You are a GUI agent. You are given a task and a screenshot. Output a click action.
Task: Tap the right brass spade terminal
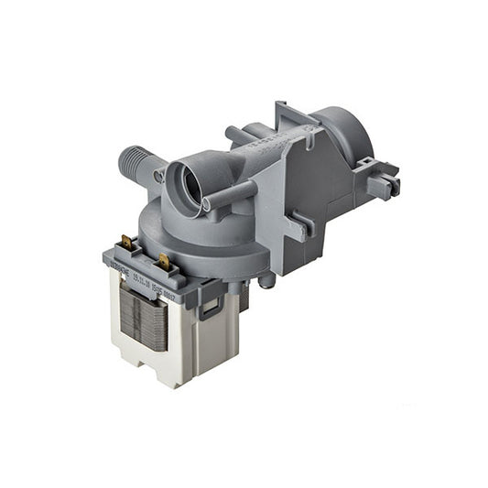pyautogui.click(x=165, y=261)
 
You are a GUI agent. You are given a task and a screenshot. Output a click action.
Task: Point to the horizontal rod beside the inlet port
pyautogui.click(x=231, y=195)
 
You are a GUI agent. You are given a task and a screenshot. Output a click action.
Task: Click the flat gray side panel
pyautogui.click(x=307, y=197)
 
